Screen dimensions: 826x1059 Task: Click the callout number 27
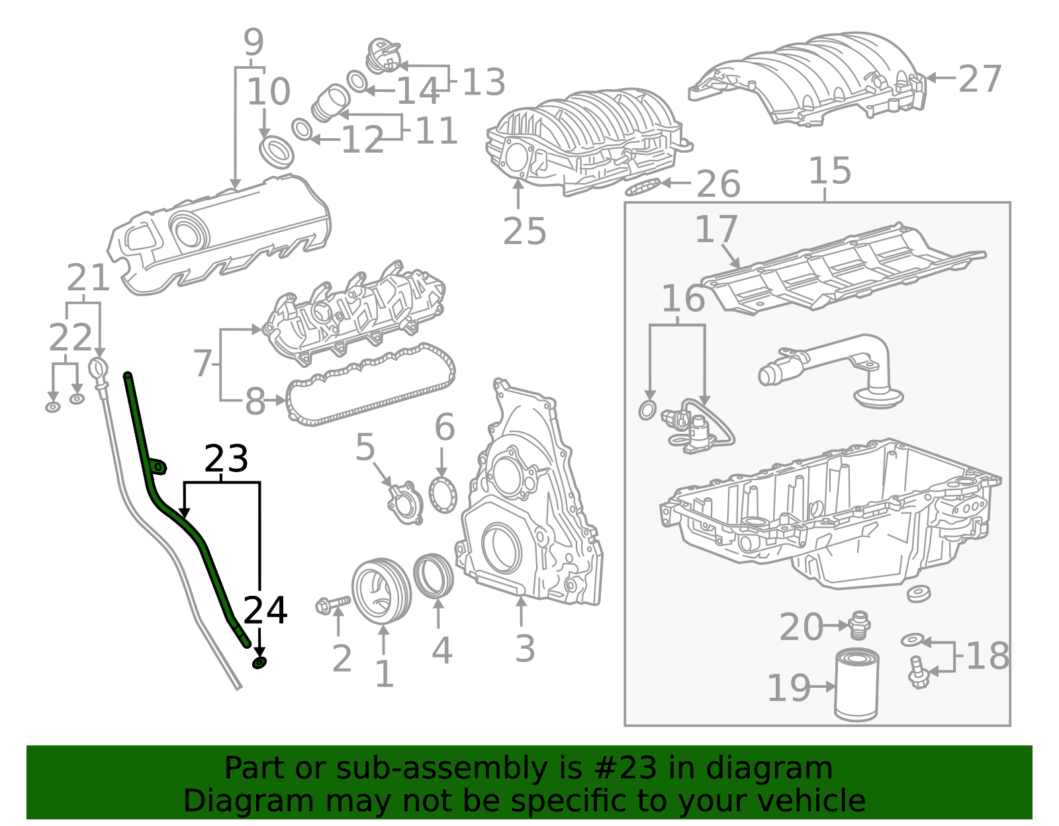coord(980,79)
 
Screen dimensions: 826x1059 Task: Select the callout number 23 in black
coord(226,458)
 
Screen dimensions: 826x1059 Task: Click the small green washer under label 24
coord(260,663)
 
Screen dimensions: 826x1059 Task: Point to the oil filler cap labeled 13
coord(384,56)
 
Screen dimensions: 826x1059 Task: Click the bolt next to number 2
coord(332,604)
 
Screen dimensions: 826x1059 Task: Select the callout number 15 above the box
coord(830,171)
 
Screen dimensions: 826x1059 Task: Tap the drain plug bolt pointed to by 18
coord(918,671)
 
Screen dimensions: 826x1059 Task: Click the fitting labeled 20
coord(858,624)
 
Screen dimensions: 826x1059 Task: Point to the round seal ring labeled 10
coord(277,152)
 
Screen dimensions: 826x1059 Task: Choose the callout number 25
coord(525,231)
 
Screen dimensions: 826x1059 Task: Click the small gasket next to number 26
coord(643,187)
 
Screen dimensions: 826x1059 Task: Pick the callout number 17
coord(716,229)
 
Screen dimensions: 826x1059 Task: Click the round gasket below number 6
coord(442,495)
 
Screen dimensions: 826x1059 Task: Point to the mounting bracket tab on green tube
coord(158,467)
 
